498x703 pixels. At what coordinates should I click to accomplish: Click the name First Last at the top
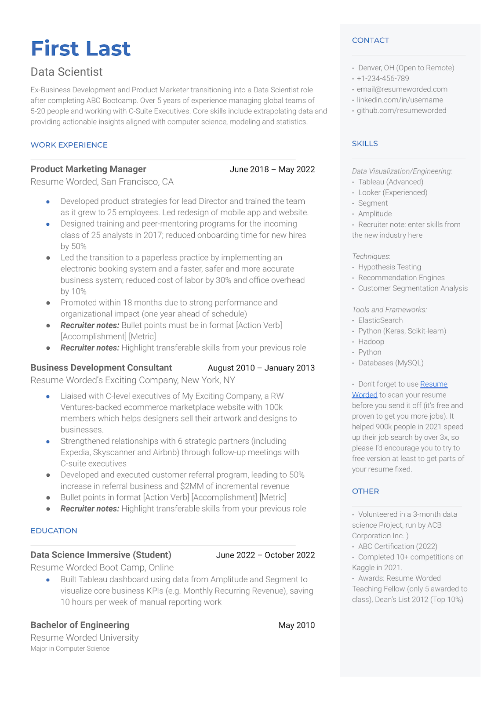(80, 48)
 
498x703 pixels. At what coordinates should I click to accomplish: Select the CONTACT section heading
(370, 40)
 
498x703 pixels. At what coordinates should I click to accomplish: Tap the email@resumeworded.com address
(402, 89)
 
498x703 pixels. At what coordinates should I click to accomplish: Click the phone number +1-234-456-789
(382, 78)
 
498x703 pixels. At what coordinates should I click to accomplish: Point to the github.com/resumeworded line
(401, 110)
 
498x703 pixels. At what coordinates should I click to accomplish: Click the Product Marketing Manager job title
(88, 169)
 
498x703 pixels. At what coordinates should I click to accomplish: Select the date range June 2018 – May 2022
(272, 169)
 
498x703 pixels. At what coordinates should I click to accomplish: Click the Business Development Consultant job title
(101, 368)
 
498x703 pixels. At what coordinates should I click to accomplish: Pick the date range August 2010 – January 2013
(261, 368)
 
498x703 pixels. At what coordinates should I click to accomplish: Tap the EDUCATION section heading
(54, 531)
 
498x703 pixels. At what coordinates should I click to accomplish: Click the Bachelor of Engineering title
(80, 625)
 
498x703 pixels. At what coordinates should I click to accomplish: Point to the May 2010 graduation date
(296, 625)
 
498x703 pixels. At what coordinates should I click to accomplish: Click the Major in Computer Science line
(70, 649)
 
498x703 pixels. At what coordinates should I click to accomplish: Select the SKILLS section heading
(365, 144)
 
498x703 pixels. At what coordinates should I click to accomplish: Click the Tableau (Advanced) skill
(390, 182)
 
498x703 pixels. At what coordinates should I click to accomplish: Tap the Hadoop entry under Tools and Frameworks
(371, 341)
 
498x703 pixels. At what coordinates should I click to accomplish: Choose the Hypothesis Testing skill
(389, 267)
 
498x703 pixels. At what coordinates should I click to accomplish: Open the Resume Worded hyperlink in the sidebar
(433, 384)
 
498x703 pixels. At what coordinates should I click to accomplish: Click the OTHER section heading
(365, 491)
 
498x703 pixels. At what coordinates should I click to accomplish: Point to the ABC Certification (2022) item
(397, 546)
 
